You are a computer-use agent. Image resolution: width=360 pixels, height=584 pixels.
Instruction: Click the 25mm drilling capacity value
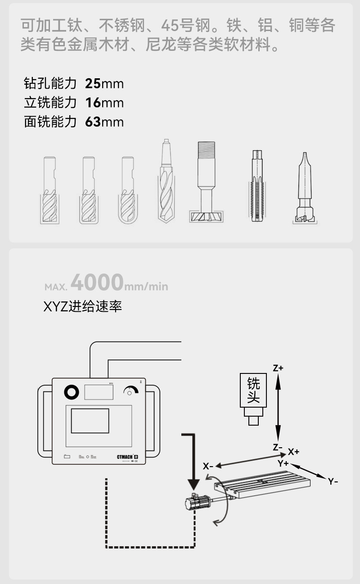pos(104,84)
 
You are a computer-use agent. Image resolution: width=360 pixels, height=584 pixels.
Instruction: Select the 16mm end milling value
pos(104,103)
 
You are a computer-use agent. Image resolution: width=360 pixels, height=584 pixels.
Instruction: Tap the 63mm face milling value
pos(104,122)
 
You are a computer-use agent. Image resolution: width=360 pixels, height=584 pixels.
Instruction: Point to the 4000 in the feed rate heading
pos(97,283)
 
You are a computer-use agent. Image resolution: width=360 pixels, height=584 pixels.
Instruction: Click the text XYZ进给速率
pos(82,307)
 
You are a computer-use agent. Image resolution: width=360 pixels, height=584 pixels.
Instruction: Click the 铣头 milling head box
pos(254,390)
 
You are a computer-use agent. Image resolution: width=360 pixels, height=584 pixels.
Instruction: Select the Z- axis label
pos(278,447)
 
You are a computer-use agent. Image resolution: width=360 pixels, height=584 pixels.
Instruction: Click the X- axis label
pos(208,466)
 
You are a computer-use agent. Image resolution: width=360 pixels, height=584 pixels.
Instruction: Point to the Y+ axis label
pos(283,463)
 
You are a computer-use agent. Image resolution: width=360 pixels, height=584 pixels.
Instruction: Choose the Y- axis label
pos(333,481)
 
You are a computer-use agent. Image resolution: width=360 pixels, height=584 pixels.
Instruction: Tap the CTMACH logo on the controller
pos(125,457)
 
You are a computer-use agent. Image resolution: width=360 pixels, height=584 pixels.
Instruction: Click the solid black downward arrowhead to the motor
pos(193,484)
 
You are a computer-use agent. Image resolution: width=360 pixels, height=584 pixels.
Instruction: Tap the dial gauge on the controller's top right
pos(131,391)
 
